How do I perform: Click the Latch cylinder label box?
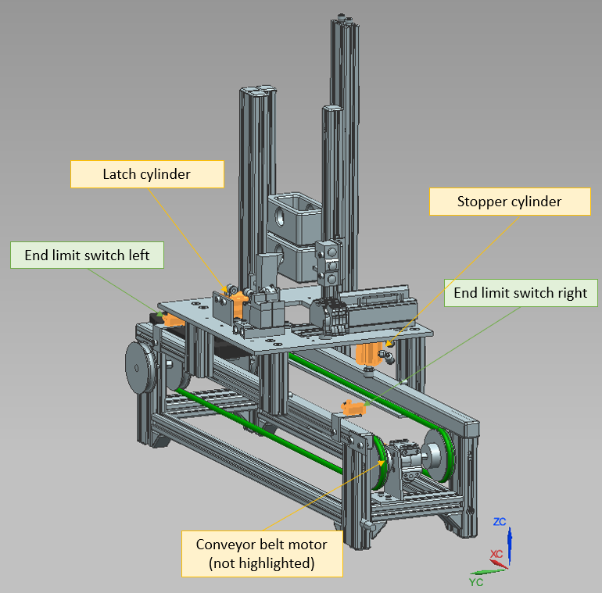pyautogui.click(x=147, y=173)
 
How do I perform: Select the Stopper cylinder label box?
pyautogui.click(x=509, y=202)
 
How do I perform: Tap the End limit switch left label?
pyautogui.click(x=87, y=255)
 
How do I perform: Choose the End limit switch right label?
pyautogui.click(x=521, y=293)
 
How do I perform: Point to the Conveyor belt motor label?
pyautogui.click(x=261, y=553)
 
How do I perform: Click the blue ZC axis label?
pyautogui.click(x=500, y=521)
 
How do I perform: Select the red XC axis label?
pyautogui.click(x=496, y=553)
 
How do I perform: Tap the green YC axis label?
pyautogui.click(x=476, y=582)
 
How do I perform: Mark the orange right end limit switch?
pyautogui.click(x=353, y=407)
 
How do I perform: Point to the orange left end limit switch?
pyautogui.click(x=167, y=319)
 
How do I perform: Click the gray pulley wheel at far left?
pyautogui.click(x=141, y=366)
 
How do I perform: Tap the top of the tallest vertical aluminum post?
pyautogui.click(x=342, y=20)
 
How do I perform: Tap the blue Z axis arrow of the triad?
pyautogui.click(x=509, y=543)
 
